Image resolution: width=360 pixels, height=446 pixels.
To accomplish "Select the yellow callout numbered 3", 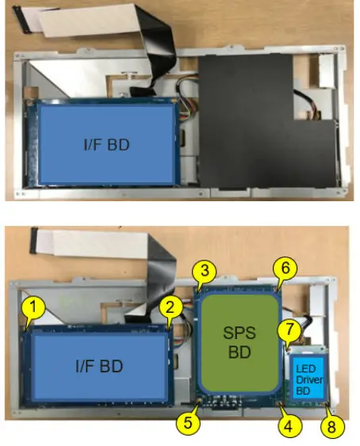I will pos(205,271).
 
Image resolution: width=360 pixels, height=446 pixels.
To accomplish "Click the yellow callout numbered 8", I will pos(331,426).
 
